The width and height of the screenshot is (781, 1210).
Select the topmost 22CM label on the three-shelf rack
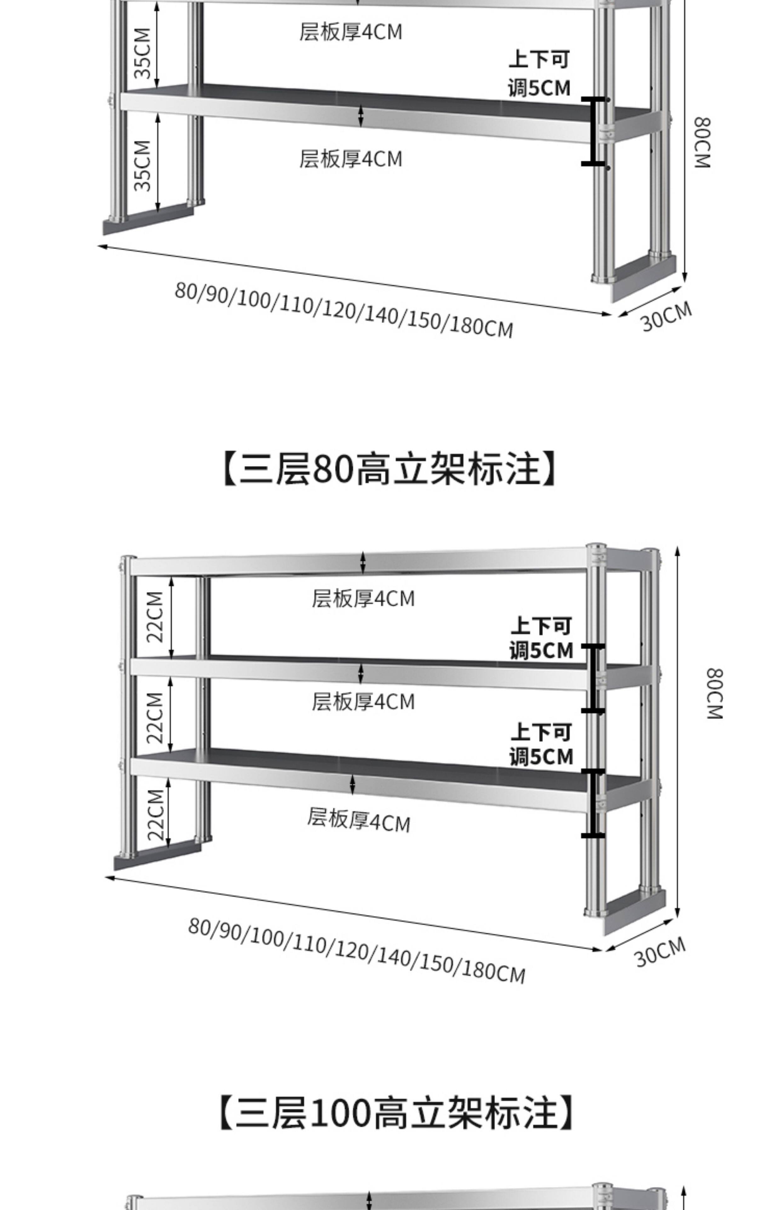click(x=155, y=617)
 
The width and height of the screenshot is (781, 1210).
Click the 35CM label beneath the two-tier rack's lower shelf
click(x=143, y=165)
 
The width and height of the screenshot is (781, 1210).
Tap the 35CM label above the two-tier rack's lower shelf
click(x=143, y=53)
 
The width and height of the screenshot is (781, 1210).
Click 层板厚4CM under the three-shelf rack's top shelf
click(x=363, y=599)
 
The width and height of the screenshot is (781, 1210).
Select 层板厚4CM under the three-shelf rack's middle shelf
click(x=363, y=702)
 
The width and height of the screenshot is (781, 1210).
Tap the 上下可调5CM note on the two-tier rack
click(x=539, y=73)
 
